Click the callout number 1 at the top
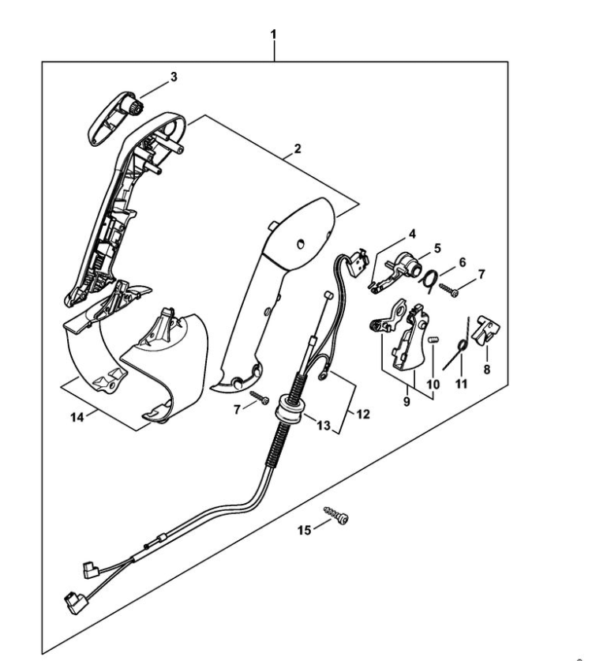273,35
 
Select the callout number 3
174,77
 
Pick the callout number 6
463,261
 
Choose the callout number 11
461,384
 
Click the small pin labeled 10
433,340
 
